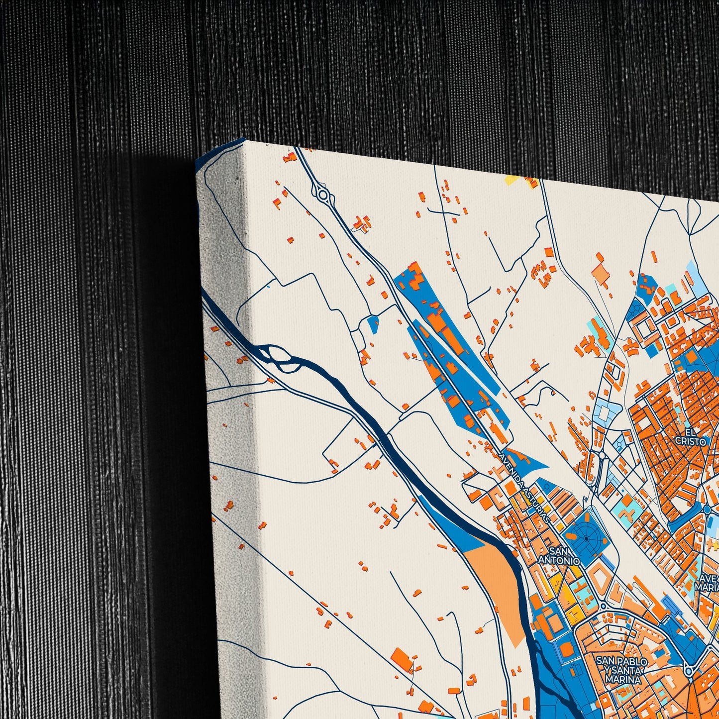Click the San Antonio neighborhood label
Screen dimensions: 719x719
pos(559,556)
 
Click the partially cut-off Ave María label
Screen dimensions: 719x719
pos(709,582)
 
